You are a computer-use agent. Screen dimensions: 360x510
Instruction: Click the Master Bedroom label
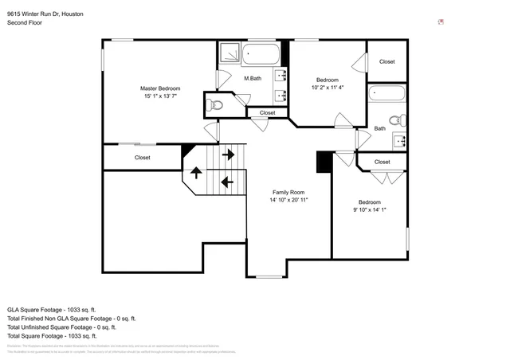pyautogui.click(x=160, y=88)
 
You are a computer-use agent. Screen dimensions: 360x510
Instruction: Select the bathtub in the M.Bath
pyautogui.click(x=262, y=56)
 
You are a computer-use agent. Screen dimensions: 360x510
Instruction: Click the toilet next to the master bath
pyautogui.click(x=218, y=104)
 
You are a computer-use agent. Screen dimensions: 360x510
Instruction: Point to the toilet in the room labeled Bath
pyautogui.click(x=402, y=121)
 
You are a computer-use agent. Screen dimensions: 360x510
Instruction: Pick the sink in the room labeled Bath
pyautogui.click(x=400, y=141)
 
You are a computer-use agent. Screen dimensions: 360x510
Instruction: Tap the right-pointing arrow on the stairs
pyautogui.click(x=228, y=154)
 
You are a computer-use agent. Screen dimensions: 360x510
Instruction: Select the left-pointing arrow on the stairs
pyautogui.click(x=226, y=182)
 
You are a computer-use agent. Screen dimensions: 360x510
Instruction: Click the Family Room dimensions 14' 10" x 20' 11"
pyautogui.click(x=288, y=201)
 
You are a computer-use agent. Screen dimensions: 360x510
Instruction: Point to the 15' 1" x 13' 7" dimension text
pyautogui.click(x=160, y=96)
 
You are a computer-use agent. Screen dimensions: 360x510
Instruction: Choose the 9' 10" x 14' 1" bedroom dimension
pyautogui.click(x=369, y=210)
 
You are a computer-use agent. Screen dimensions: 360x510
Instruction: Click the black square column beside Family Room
pyautogui.click(x=324, y=162)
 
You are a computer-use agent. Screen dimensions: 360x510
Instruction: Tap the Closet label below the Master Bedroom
pyautogui.click(x=142, y=158)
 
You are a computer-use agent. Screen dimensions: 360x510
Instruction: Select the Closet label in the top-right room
pyautogui.click(x=386, y=61)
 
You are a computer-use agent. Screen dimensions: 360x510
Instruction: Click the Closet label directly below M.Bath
pyautogui.click(x=267, y=113)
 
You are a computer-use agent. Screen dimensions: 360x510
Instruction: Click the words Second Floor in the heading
pyautogui.click(x=25, y=23)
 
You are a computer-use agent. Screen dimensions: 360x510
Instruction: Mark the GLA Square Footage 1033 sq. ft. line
pyautogui.click(x=51, y=309)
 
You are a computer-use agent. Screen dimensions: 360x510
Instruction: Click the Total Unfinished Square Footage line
pyautogui.click(x=61, y=327)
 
